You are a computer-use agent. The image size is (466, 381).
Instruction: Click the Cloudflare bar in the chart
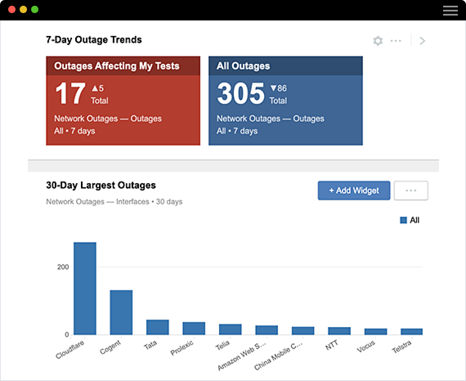pyautogui.click(x=85, y=289)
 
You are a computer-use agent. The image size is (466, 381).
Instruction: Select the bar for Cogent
pyautogui.click(x=121, y=312)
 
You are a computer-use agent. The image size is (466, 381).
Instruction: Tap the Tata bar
pyautogui.click(x=157, y=327)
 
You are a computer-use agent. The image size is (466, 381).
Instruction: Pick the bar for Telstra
pyautogui.click(x=412, y=332)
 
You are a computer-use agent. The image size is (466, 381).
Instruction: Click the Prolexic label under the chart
pyautogui.click(x=182, y=348)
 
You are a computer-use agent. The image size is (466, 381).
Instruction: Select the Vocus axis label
pyautogui.click(x=366, y=347)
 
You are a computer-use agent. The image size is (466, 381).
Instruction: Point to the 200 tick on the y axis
pyautogui.click(x=63, y=267)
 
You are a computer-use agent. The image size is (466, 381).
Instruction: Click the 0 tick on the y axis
pyautogui.click(x=67, y=335)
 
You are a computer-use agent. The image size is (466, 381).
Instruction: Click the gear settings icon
pyautogui.click(x=378, y=41)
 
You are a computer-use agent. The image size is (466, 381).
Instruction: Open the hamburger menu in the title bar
pyautogui.click(x=450, y=10)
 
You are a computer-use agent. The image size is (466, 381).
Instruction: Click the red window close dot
pyautogui.click(x=12, y=9)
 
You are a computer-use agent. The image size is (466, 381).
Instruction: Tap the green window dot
pyautogui.click(x=35, y=9)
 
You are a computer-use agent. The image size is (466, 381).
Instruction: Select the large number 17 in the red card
pyautogui.click(x=70, y=94)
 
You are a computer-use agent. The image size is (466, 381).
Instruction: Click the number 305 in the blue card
pyautogui.click(x=241, y=94)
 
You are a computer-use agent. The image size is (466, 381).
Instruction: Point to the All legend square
pyautogui.click(x=403, y=220)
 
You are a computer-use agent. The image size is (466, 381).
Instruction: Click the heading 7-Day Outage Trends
pyautogui.click(x=94, y=40)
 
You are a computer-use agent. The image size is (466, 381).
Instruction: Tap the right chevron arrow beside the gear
pyautogui.click(x=423, y=41)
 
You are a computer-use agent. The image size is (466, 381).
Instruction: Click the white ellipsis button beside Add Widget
pyautogui.click(x=411, y=190)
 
